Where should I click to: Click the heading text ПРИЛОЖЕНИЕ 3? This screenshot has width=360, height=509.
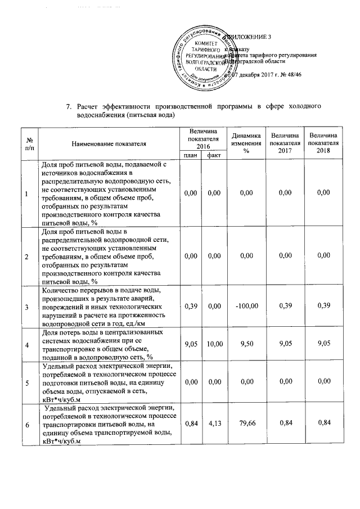point(250,38)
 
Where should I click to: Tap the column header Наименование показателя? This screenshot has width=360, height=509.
point(109,144)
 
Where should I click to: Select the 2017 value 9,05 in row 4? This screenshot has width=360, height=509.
point(284,343)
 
